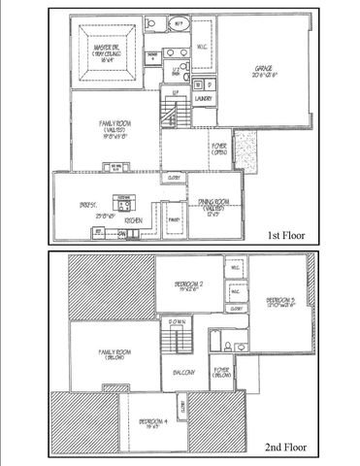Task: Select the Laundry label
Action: (x=203, y=98)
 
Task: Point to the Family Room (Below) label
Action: (x=115, y=352)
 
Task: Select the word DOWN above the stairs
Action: (x=177, y=320)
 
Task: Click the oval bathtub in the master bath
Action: (x=180, y=24)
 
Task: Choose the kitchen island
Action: (x=126, y=203)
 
